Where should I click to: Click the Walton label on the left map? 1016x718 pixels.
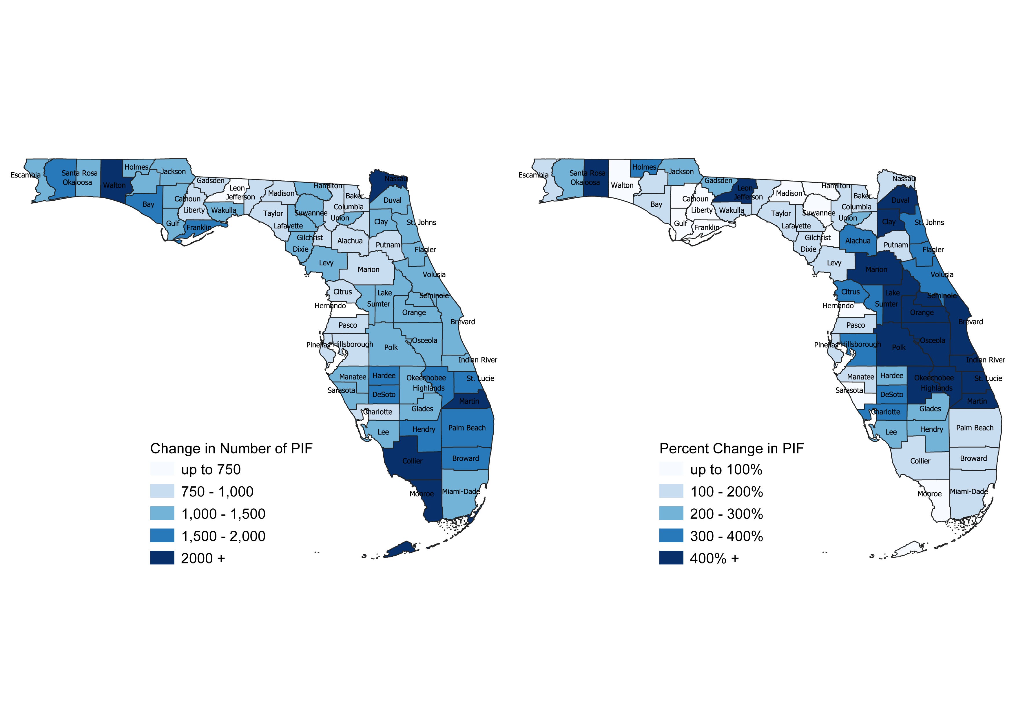[114, 185]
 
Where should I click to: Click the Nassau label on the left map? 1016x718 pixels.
[396, 179]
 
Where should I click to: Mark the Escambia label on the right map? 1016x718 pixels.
[533, 175]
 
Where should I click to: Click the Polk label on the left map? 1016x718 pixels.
[391, 347]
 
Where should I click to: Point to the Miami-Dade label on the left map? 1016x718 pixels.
[461, 491]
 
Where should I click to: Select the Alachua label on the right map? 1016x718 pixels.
[858, 241]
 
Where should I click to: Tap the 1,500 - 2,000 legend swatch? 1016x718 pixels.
[162, 536]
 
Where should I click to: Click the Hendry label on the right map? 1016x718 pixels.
[931, 429]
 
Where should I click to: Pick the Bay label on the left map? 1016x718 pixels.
[148, 204]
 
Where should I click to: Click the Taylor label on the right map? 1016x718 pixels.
[780, 214]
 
